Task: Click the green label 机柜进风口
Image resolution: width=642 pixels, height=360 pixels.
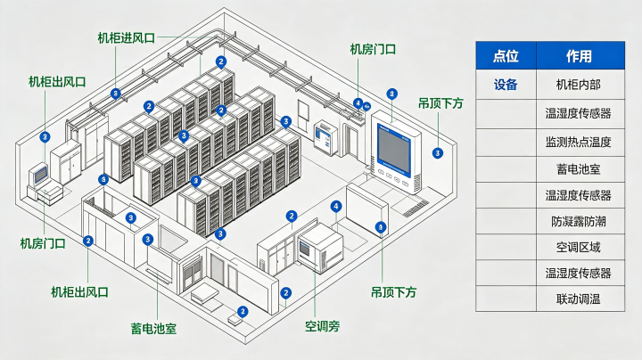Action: [x=126, y=38]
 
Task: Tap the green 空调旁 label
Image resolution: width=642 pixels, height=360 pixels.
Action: [x=322, y=326]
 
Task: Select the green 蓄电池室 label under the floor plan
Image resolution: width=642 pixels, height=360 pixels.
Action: [x=153, y=329]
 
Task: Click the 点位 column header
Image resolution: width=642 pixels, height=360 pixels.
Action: [x=506, y=55]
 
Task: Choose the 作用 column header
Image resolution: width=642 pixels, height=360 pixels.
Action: [x=579, y=55]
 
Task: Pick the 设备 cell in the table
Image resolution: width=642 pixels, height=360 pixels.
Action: [x=506, y=85]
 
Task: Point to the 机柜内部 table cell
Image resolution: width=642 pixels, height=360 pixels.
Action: [x=578, y=85]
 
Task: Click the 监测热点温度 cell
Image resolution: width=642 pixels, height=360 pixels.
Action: [x=578, y=142]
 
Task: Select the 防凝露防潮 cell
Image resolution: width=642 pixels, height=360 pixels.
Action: [x=578, y=221]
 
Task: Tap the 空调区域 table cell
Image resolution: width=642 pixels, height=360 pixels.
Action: [x=578, y=247]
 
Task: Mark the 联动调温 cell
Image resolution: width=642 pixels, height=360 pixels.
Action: [x=578, y=299]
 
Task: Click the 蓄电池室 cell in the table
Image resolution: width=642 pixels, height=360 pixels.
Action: [x=578, y=169]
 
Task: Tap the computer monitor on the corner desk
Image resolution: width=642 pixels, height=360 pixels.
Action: [x=40, y=175]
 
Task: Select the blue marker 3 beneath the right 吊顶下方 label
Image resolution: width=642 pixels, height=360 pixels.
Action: [x=438, y=153]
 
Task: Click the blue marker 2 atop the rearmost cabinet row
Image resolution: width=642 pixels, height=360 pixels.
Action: [x=221, y=61]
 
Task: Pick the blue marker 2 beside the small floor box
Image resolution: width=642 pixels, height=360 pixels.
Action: [x=243, y=312]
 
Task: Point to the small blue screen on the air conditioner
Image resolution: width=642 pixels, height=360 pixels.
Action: [x=304, y=249]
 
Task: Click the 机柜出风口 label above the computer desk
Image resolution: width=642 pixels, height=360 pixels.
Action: [x=57, y=82]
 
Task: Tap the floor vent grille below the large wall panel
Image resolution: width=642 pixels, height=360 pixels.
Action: [x=416, y=208]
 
